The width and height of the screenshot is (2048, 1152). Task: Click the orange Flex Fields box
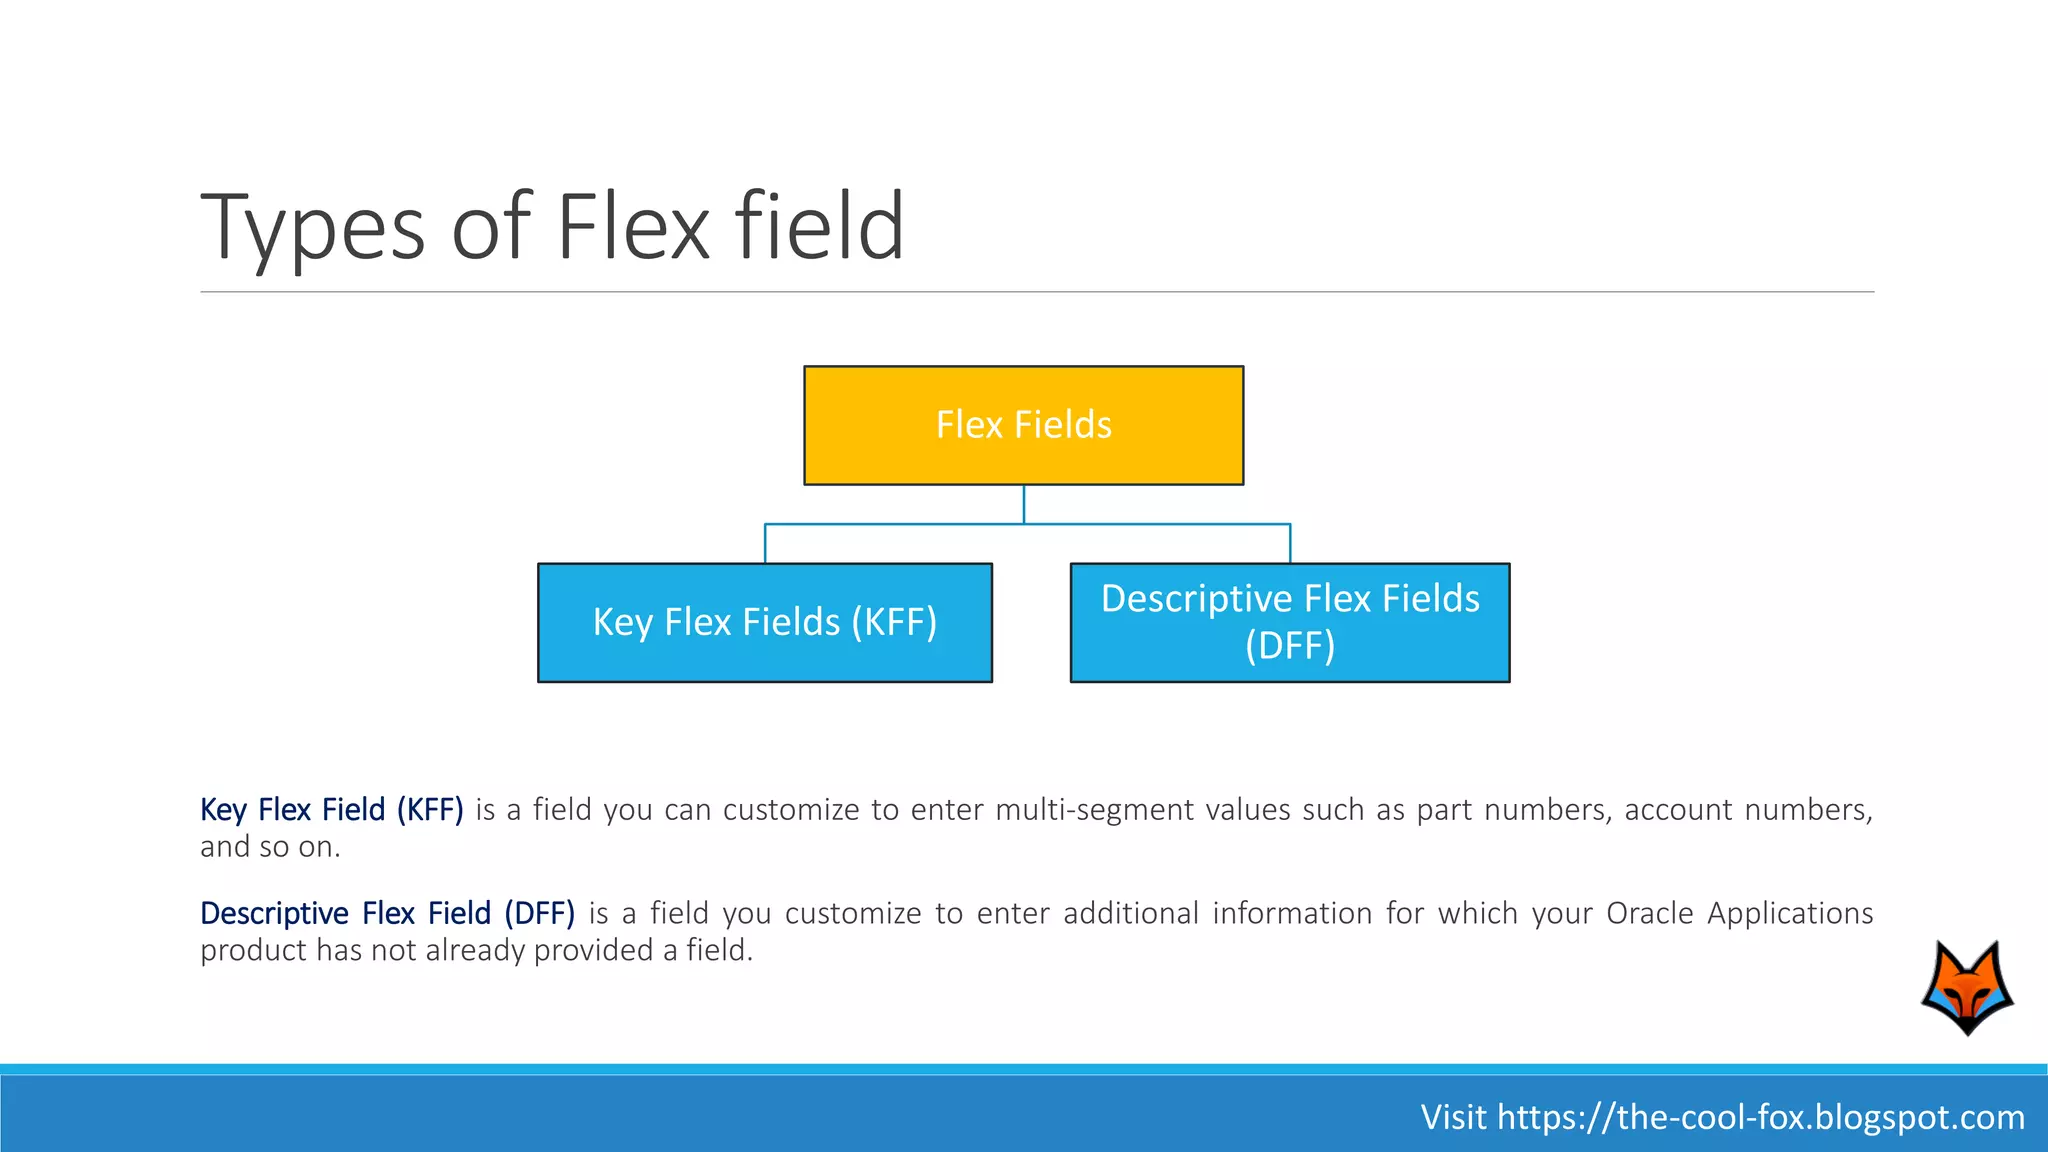1023,425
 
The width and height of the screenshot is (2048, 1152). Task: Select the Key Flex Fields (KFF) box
764,622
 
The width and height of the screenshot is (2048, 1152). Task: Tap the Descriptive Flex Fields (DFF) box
1289,622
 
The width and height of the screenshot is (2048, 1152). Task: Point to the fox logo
1967,987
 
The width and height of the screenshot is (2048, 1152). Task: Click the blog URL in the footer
1761,1117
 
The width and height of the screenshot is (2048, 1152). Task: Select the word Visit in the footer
1453,1117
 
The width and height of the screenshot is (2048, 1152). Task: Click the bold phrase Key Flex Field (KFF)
332,809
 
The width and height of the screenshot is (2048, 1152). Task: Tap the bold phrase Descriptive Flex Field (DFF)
387,913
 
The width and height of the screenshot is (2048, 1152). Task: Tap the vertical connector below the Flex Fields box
1023,504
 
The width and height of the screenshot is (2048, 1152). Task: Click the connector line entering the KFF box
765,544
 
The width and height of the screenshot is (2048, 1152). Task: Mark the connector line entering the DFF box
1290,544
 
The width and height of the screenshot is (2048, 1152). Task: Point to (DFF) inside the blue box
1290,646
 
